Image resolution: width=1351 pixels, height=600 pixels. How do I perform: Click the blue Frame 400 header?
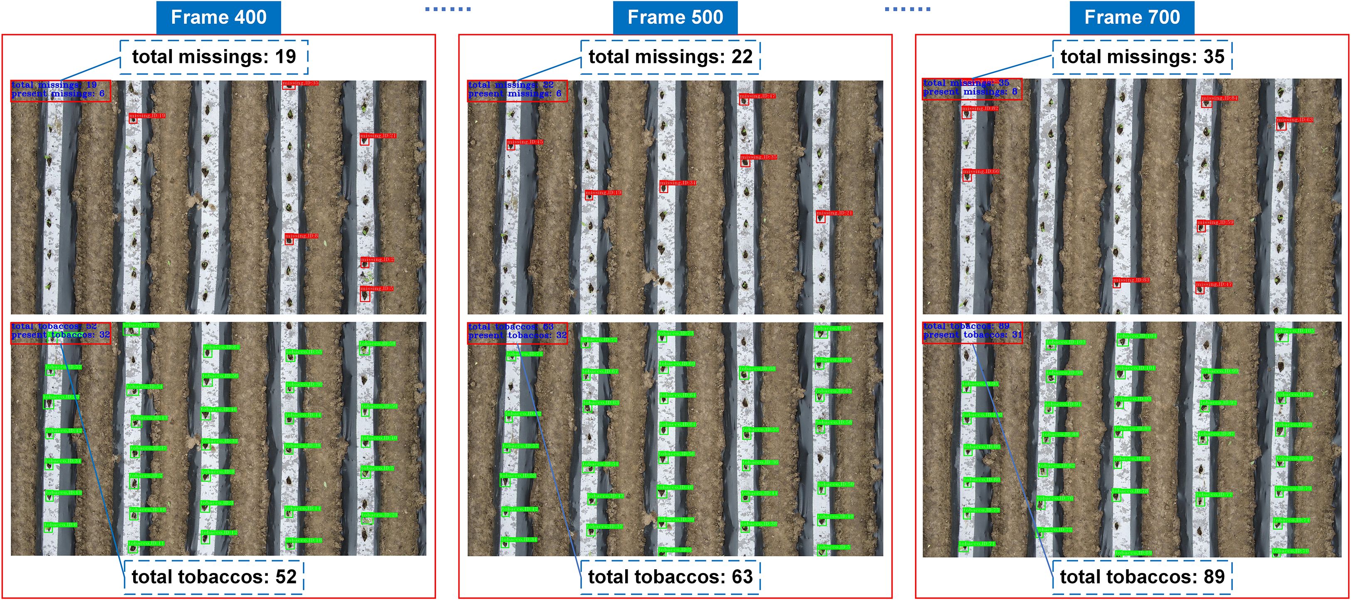(x=218, y=17)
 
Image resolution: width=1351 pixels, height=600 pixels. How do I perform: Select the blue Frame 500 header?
(x=675, y=17)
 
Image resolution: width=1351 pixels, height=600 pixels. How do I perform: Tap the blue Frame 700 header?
(x=1132, y=17)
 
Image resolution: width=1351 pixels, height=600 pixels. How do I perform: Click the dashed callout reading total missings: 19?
(x=214, y=57)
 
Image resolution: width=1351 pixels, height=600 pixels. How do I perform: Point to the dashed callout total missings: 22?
(x=670, y=57)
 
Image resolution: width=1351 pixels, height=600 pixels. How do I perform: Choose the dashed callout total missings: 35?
(x=1142, y=57)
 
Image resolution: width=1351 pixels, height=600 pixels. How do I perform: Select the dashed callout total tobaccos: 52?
(x=214, y=577)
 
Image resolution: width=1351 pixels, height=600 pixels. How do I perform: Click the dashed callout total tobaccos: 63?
(x=670, y=577)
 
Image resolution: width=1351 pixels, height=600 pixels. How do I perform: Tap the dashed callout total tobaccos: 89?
(x=1142, y=577)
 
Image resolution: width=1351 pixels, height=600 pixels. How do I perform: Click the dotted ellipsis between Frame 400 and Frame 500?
(x=448, y=9)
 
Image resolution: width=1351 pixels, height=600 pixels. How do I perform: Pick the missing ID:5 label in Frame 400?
(x=376, y=288)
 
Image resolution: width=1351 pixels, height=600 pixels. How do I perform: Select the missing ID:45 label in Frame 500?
(x=525, y=142)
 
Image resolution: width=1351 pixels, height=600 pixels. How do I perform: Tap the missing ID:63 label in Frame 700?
(x=1294, y=120)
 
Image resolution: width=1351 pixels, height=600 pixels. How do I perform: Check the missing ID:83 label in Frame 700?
(x=1131, y=280)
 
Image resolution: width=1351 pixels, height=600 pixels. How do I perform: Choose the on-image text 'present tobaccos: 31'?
(x=972, y=335)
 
